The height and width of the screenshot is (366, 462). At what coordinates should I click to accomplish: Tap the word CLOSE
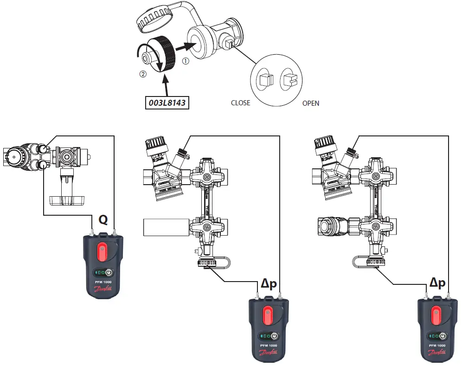point(240,103)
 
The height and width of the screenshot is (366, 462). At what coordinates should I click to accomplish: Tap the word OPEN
point(310,103)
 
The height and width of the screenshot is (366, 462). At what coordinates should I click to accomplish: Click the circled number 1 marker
point(186,60)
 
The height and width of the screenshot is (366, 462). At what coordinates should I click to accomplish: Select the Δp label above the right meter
point(437,283)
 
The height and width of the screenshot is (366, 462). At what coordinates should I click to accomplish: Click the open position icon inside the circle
point(290,80)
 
